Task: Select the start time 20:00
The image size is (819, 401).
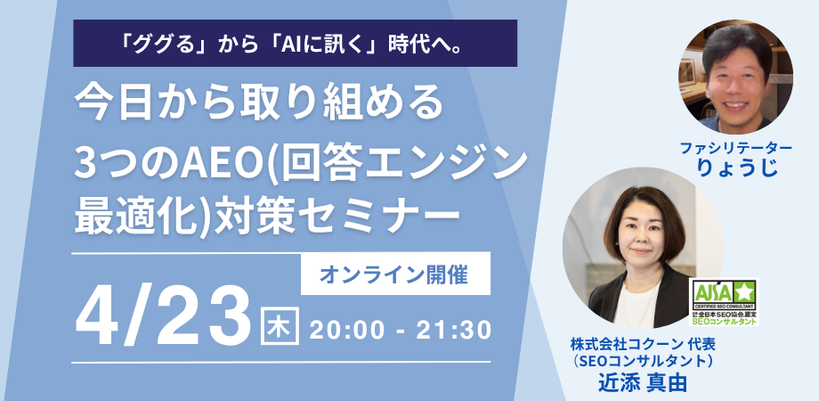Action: coord(348,329)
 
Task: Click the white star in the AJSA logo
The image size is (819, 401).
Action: coord(742,291)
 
